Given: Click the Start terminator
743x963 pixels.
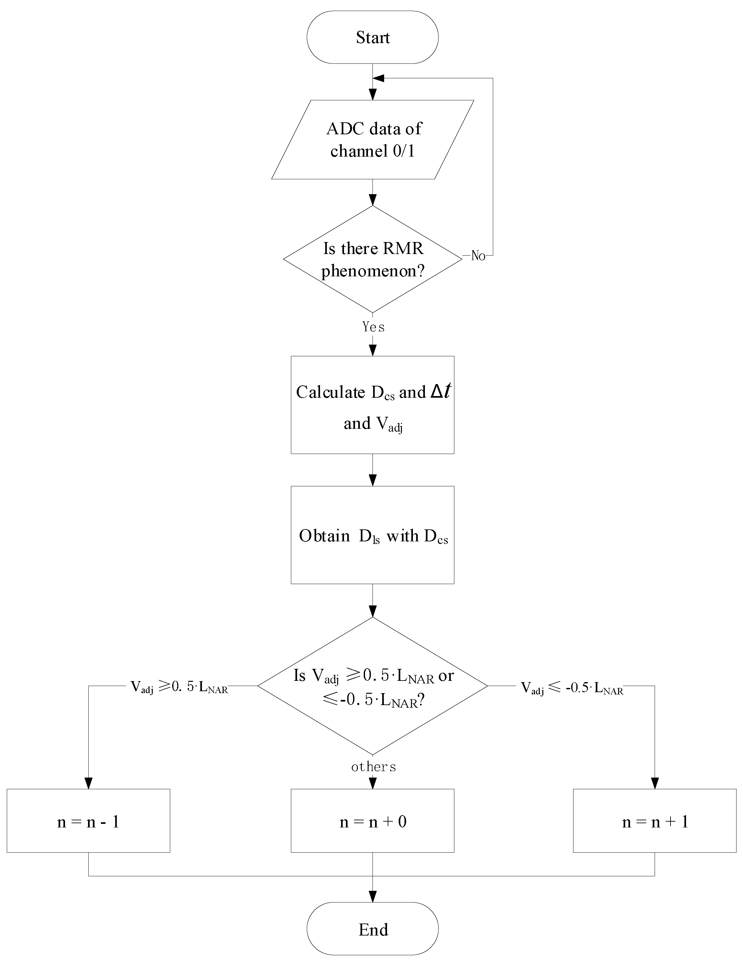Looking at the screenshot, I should (x=372, y=38).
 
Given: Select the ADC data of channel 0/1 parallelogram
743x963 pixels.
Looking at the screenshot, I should (x=372, y=140).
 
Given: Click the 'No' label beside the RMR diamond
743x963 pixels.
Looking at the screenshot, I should (x=478, y=256).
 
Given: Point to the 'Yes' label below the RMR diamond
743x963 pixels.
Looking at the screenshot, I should (x=373, y=327).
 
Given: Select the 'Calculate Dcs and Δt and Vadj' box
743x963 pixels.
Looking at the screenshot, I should (x=372, y=405).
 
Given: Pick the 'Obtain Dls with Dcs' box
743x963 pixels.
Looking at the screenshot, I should (x=372, y=535).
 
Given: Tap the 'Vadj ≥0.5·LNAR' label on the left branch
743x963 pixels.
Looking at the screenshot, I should (x=179, y=687).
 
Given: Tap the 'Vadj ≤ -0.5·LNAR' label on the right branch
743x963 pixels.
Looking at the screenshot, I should (x=572, y=688).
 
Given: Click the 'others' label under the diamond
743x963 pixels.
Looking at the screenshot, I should (x=373, y=767).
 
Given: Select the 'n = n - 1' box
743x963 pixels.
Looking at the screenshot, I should (x=88, y=822).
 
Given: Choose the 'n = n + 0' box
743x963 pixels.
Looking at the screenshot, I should (x=372, y=822).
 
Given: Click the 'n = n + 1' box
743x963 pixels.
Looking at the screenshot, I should (x=654, y=822).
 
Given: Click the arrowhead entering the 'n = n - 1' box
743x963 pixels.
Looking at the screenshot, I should (x=89, y=783).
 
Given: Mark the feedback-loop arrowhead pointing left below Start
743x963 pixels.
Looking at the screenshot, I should (x=378, y=78).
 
